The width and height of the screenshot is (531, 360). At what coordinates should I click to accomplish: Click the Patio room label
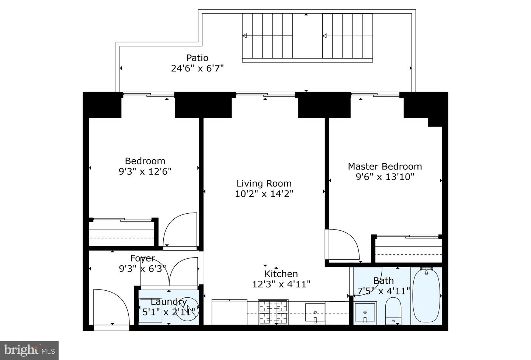(x=197, y=58)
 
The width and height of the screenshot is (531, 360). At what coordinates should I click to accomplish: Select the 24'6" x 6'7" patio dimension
(x=197, y=68)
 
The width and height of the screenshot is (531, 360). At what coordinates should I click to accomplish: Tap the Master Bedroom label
(x=385, y=166)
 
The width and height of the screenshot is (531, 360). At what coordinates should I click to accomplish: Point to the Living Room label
(x=264, y=183)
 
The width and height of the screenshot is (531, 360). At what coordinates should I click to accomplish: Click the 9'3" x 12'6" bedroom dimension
(x=145, y=171)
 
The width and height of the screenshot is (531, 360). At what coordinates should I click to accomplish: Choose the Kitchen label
(x=281, y=274)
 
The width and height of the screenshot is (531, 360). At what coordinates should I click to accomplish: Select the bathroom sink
(x=365, y=313)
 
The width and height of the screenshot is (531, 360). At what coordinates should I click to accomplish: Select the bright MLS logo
(x=29, y=349)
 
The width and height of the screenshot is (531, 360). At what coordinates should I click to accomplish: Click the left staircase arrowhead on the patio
(x=244, y=36)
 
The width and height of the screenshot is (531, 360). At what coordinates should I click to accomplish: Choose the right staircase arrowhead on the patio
(x=325, y=36)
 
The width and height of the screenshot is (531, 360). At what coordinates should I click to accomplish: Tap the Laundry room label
(x=169, y=302)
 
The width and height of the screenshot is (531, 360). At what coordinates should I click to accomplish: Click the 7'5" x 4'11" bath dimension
(x=383, y=291)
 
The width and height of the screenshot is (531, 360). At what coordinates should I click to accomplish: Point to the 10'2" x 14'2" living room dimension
(x=264, y=193)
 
